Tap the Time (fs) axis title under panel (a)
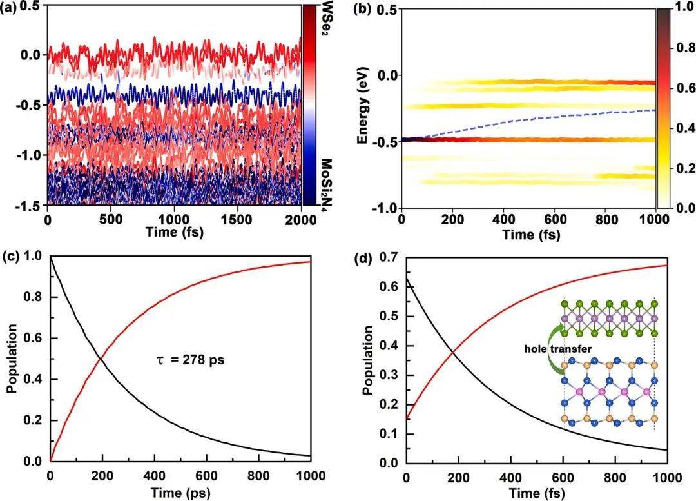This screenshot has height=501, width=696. (175, 232)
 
